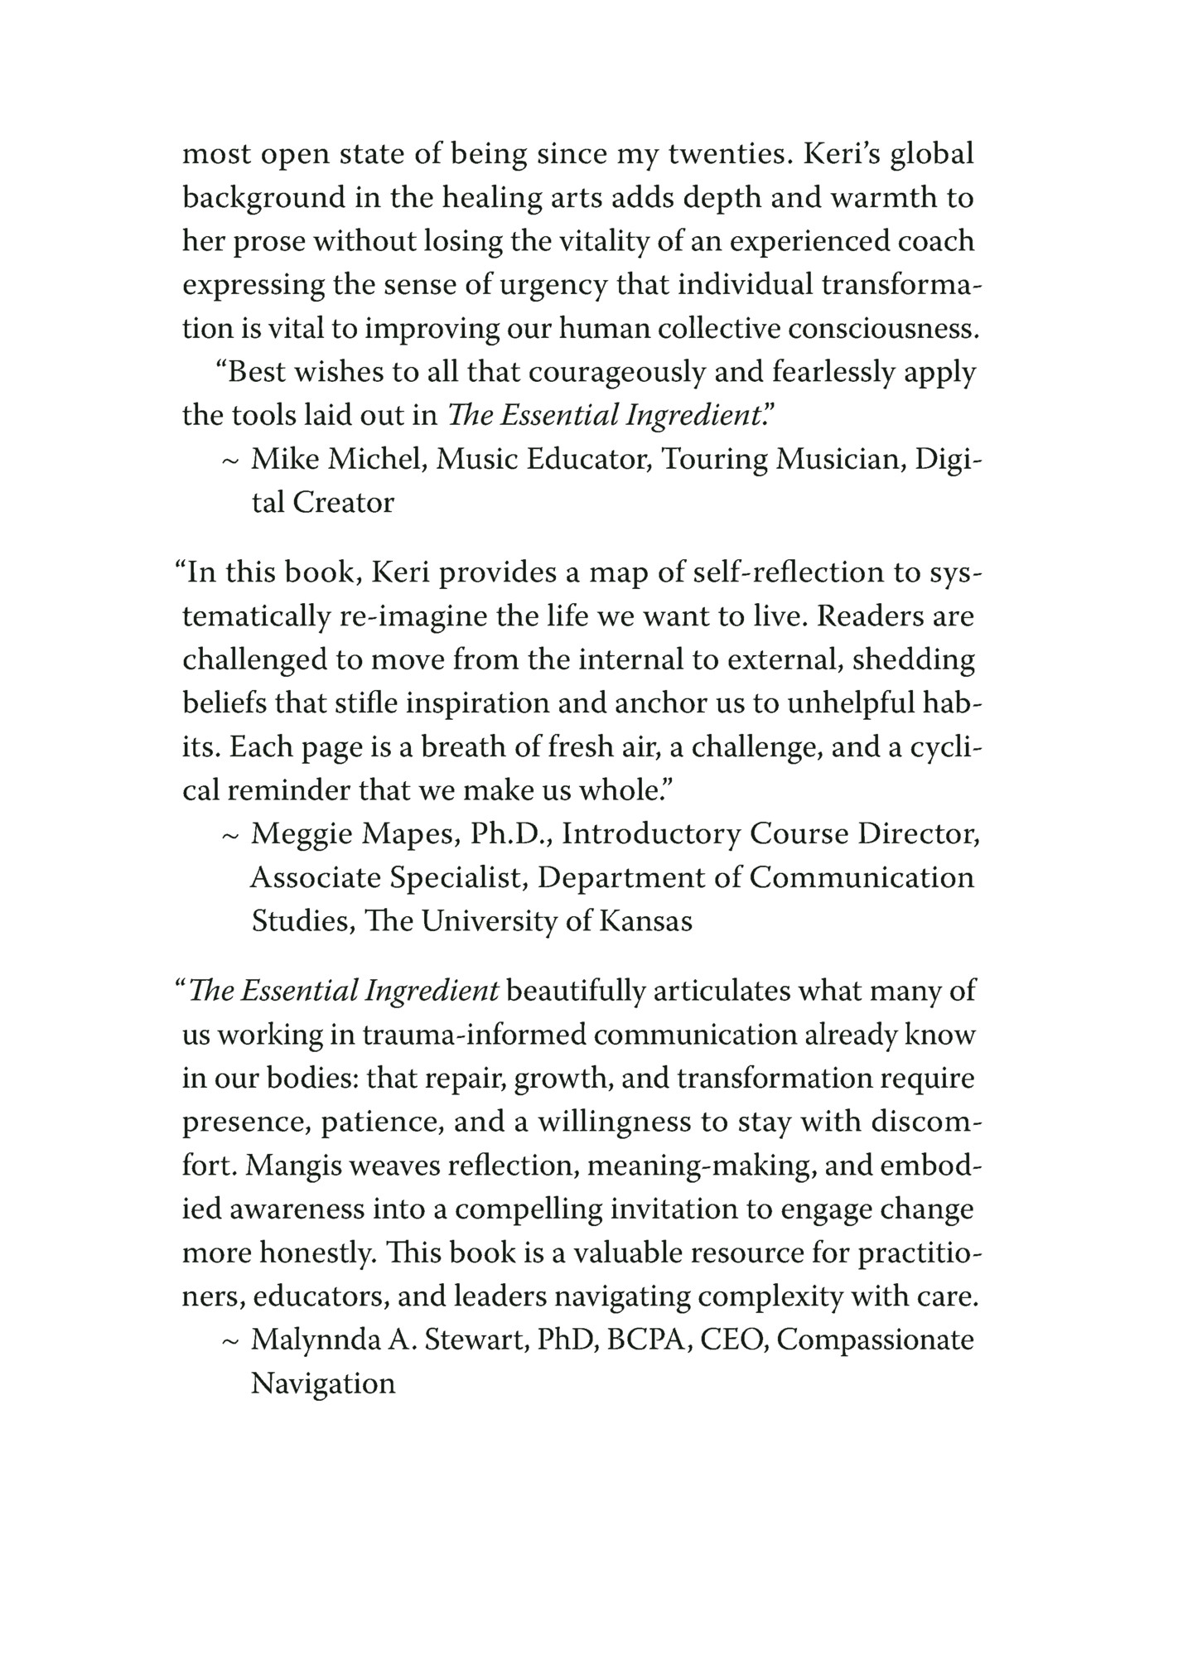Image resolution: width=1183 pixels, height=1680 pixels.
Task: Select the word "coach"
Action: point(933,241)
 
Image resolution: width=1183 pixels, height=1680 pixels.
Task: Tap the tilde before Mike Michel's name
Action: point(230,461)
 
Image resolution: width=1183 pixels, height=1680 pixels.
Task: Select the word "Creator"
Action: point(343,502)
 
